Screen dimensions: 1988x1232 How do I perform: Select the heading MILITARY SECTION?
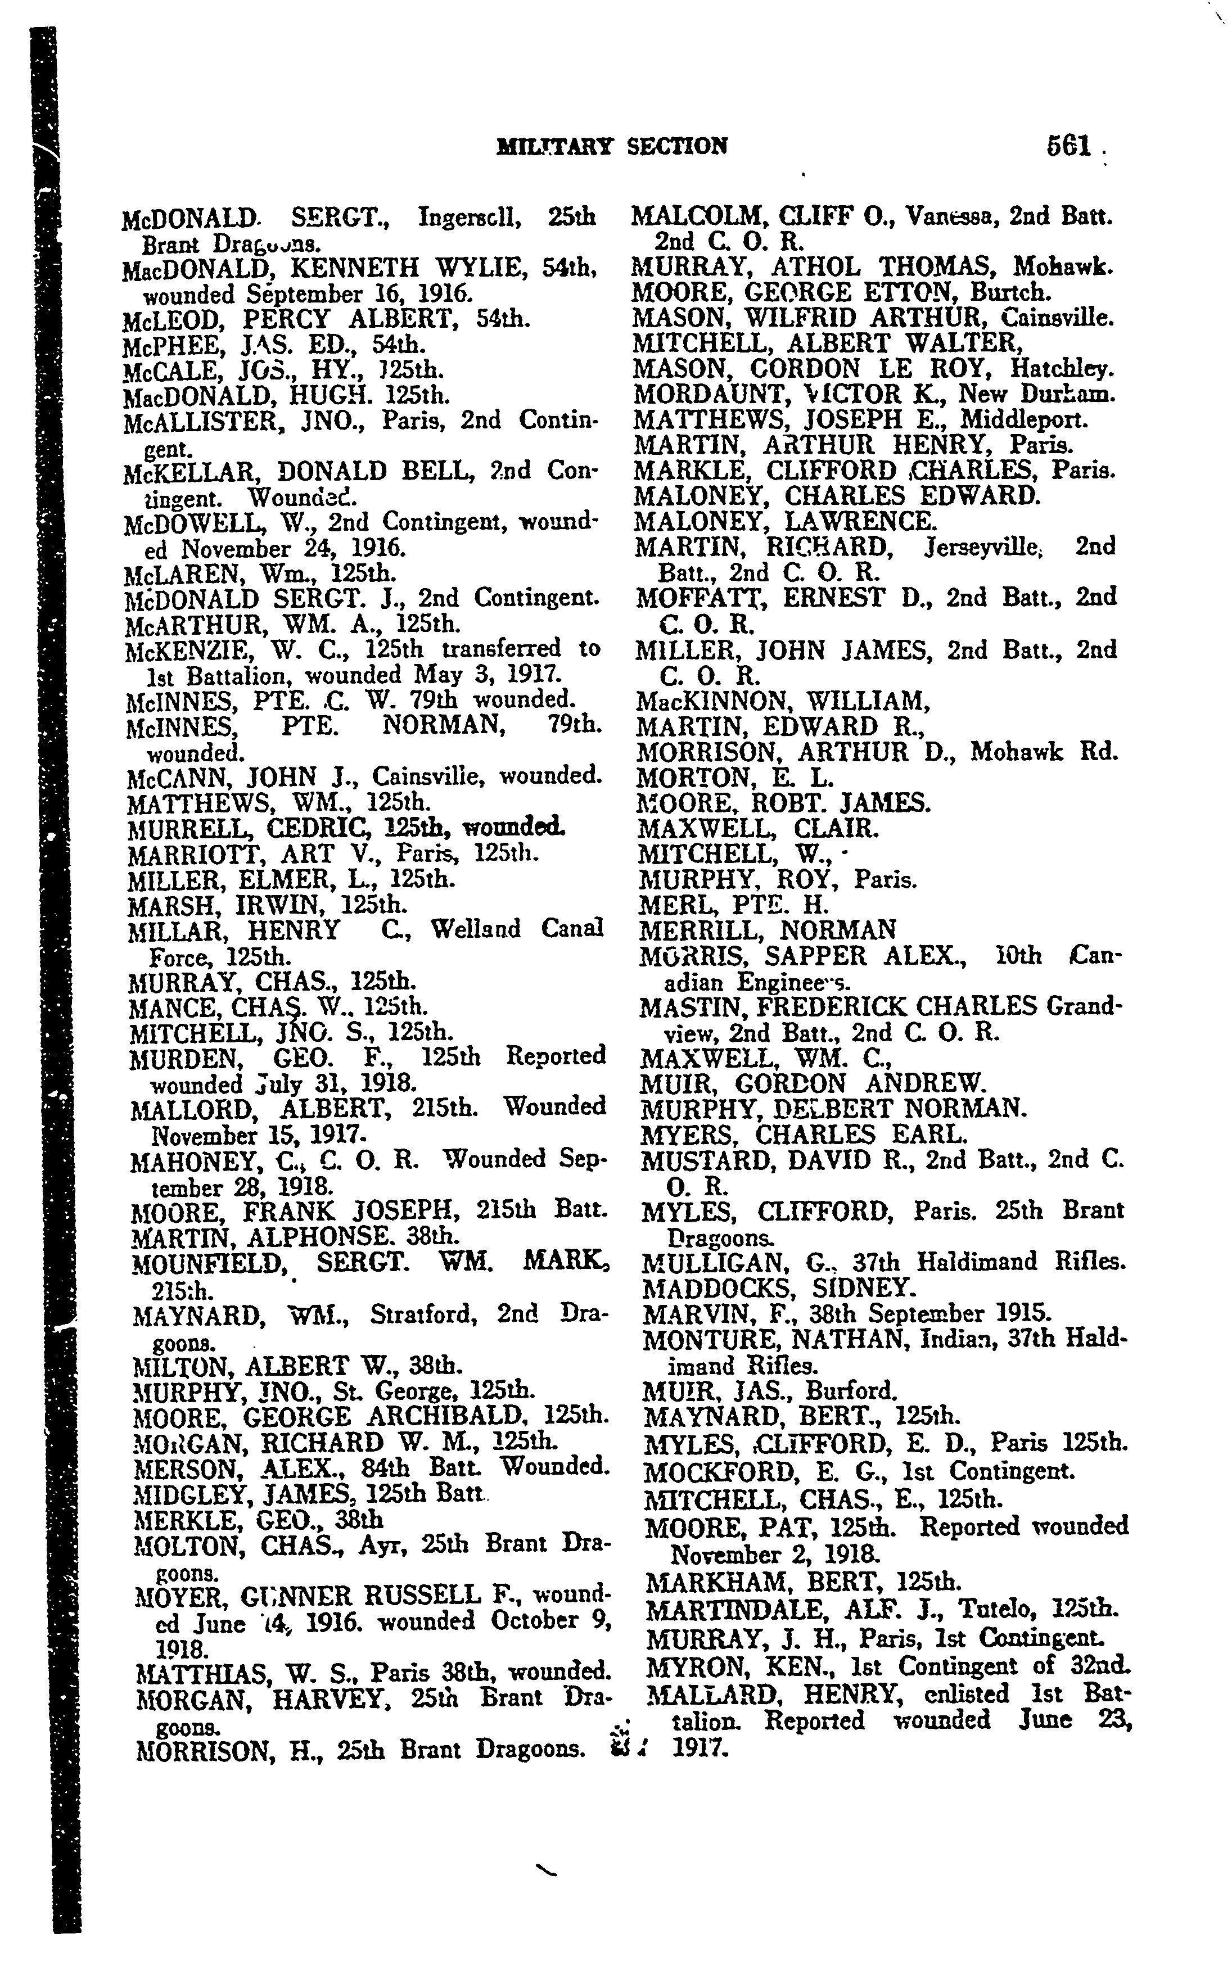click(612, 147)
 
